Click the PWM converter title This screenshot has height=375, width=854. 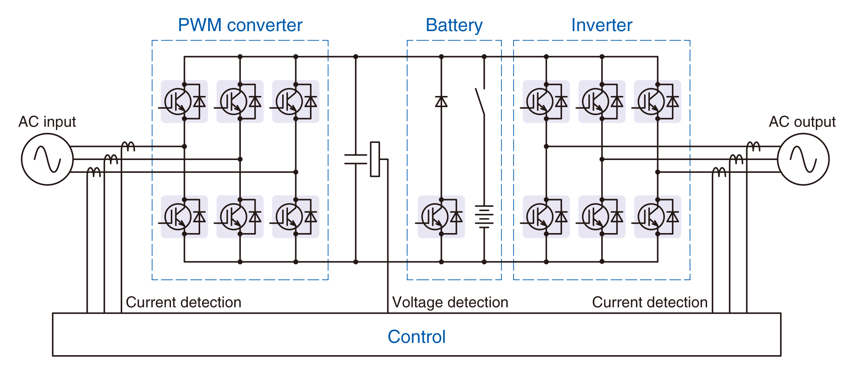[x=240, y=25]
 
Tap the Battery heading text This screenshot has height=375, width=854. [x=454, y=25]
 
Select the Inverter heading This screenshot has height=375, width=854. [x=601, y=25]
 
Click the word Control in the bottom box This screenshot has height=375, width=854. [x=416, y=337]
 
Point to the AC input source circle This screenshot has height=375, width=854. [x=47, y=159]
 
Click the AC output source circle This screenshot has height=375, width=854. [x=803, y=159]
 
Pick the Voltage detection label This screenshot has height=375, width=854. [x=450, y=302]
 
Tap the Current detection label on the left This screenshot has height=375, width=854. [x=183, y=302]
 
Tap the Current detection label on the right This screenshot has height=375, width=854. [x=649, y=302]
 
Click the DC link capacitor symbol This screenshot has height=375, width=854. [x=355, y=159]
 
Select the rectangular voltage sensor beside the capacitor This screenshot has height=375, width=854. [x=375, y=159]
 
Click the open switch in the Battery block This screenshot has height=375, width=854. [x=480, y=101]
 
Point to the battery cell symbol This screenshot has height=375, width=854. [x=484, y=216]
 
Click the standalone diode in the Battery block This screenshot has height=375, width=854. [x=441, y=102]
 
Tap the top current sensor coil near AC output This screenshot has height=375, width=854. [x=753, y=146]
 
